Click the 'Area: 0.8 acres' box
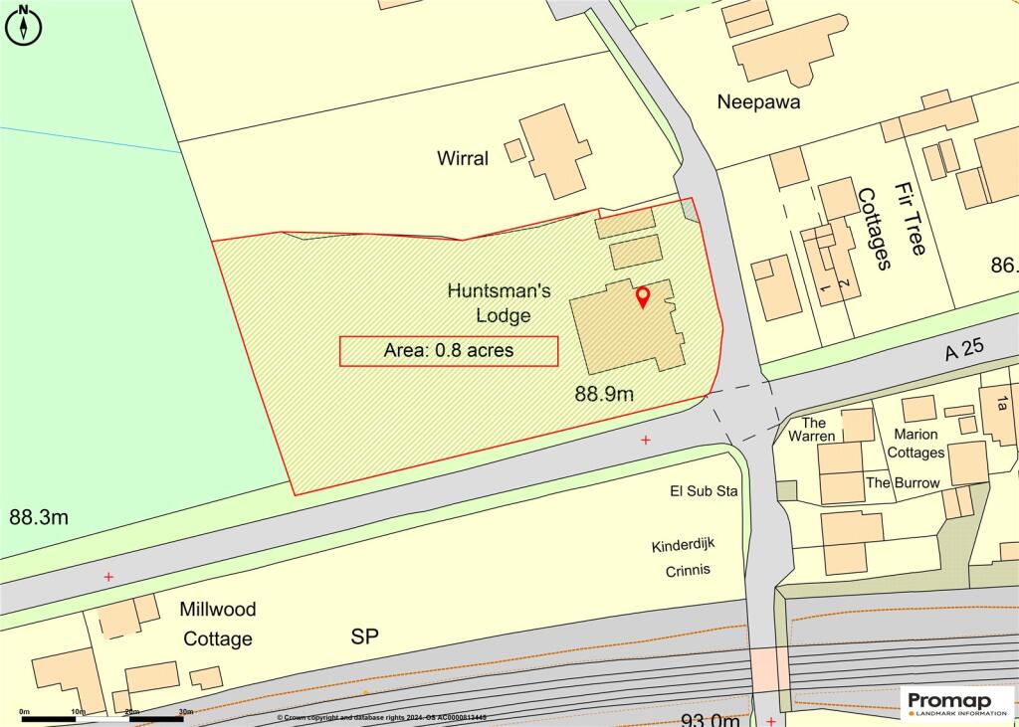(x=449, y=351)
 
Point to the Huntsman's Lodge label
(x=490, y=303)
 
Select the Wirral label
(x=463, y=158)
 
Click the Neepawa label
(x=759, y=101)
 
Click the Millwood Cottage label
(x=218, y=624)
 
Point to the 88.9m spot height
(x=604, y=394)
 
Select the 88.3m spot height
(x=39, y=517)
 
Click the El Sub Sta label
(x=703, y=491)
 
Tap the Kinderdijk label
(x=684, y=546)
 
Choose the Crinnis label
(x=687, y=570)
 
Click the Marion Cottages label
(x=917, y=444)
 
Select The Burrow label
(x=903, y=482)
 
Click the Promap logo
(x=956, y=702)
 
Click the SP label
(x=364, y=636)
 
